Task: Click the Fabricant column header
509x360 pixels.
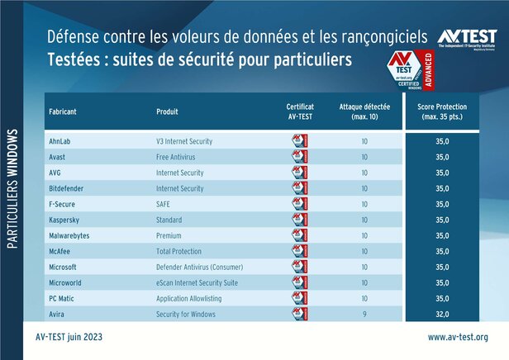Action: pyautogui.click(x=65, y=111)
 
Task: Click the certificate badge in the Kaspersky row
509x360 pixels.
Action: pyautogui.click(x=299, y=220)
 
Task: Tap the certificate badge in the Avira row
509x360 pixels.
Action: pyautogui.click(x=299, y=315)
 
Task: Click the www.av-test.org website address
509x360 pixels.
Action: pyautogui.click(x=457, y=337)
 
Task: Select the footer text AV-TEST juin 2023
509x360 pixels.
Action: pyautogui.click(x=70, y=337)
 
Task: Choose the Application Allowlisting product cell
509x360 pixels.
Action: pyautogui.click(x=189, y=299)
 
